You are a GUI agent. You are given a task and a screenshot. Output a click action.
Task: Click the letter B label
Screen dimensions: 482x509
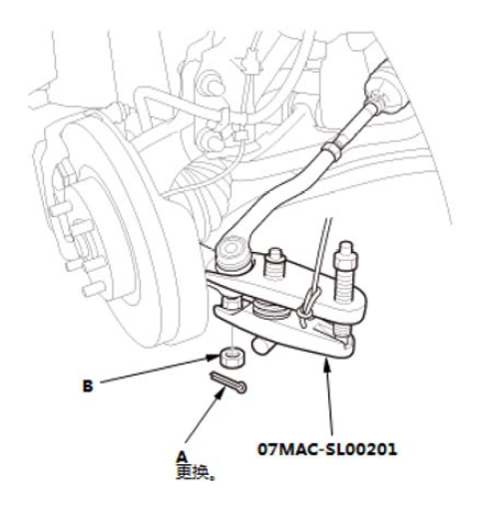(88, 386)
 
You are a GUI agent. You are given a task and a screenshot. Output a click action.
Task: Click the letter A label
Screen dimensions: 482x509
(182, 456)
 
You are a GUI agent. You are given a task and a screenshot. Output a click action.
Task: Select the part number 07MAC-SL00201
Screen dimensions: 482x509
(327, 449)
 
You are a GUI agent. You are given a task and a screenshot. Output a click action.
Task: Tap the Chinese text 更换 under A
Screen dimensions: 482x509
(194, 472)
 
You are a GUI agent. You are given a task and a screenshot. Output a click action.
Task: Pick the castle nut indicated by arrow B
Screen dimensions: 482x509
(233, 357)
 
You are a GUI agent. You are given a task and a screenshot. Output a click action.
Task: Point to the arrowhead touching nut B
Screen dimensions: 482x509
(215, 358)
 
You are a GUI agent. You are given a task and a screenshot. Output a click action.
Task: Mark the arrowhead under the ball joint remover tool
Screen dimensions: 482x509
(327, 365)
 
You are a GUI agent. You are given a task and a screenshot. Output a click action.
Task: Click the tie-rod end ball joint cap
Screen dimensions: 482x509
(233, 248)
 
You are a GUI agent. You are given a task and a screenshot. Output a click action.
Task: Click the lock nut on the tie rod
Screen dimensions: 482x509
(331, 149)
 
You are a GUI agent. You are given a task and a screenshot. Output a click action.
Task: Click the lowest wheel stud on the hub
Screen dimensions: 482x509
(94, 289)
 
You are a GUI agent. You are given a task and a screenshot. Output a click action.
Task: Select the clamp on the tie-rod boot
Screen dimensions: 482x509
(378, 101)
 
